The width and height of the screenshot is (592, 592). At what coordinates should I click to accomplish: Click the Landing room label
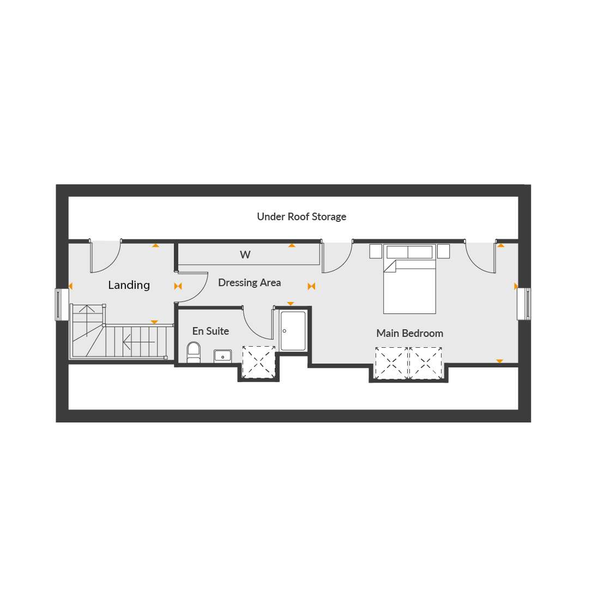tap(129, 285)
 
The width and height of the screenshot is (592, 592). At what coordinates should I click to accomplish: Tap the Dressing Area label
tap(250, 283)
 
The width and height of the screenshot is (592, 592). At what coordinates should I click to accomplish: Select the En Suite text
tap(210, 331)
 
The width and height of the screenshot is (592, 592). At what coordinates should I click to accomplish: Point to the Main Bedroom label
tap(409, 334)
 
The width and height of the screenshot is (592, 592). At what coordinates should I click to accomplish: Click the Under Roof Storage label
tap(301, 217)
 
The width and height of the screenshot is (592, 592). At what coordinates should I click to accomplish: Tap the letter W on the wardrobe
tap(245, 255)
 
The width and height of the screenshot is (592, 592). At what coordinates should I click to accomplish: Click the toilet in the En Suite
tap(194, 352)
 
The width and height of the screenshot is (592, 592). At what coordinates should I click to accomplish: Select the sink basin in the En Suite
tap(223, 356)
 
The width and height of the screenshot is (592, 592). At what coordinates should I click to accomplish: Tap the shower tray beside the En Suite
tap(293, 331)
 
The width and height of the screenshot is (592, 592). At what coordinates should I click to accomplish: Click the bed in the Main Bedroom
tap(409, 279)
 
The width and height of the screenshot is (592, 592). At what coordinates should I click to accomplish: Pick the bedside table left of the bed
tap(376, 251)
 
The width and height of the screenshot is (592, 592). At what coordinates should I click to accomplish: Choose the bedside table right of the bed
tap(444, 251)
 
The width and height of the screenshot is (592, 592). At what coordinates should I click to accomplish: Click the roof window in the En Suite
tap(258, 362)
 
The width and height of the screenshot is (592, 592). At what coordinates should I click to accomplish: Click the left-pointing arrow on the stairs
tap(139, 342)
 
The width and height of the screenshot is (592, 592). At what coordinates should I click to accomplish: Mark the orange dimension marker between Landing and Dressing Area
tap(178, 286)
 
